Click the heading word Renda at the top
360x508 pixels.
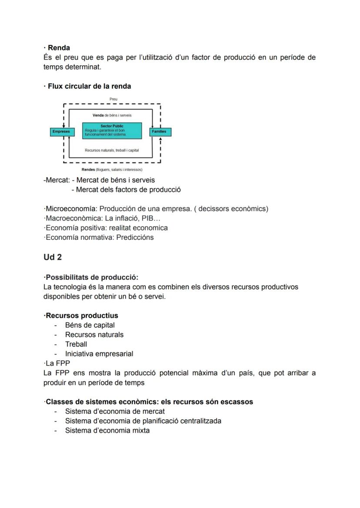point(59,48)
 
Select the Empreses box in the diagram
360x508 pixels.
point(61,131)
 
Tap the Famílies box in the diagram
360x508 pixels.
point(160,131)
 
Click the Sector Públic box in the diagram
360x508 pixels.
point(112,130)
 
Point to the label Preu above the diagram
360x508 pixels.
point(113,99)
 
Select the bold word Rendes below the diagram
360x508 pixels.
point(89,169)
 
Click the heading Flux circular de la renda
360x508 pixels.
point(89,86)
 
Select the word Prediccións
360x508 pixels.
point(135,237)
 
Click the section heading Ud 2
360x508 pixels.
point(53,257)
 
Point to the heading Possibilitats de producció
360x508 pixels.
point(92,277)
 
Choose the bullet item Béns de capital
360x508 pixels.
point(90,325)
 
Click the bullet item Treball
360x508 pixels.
point(76,344)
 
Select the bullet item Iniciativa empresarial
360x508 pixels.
point(99,354)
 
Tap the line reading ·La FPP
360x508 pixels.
point(57,363)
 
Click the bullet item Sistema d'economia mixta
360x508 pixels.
point(107,430)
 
